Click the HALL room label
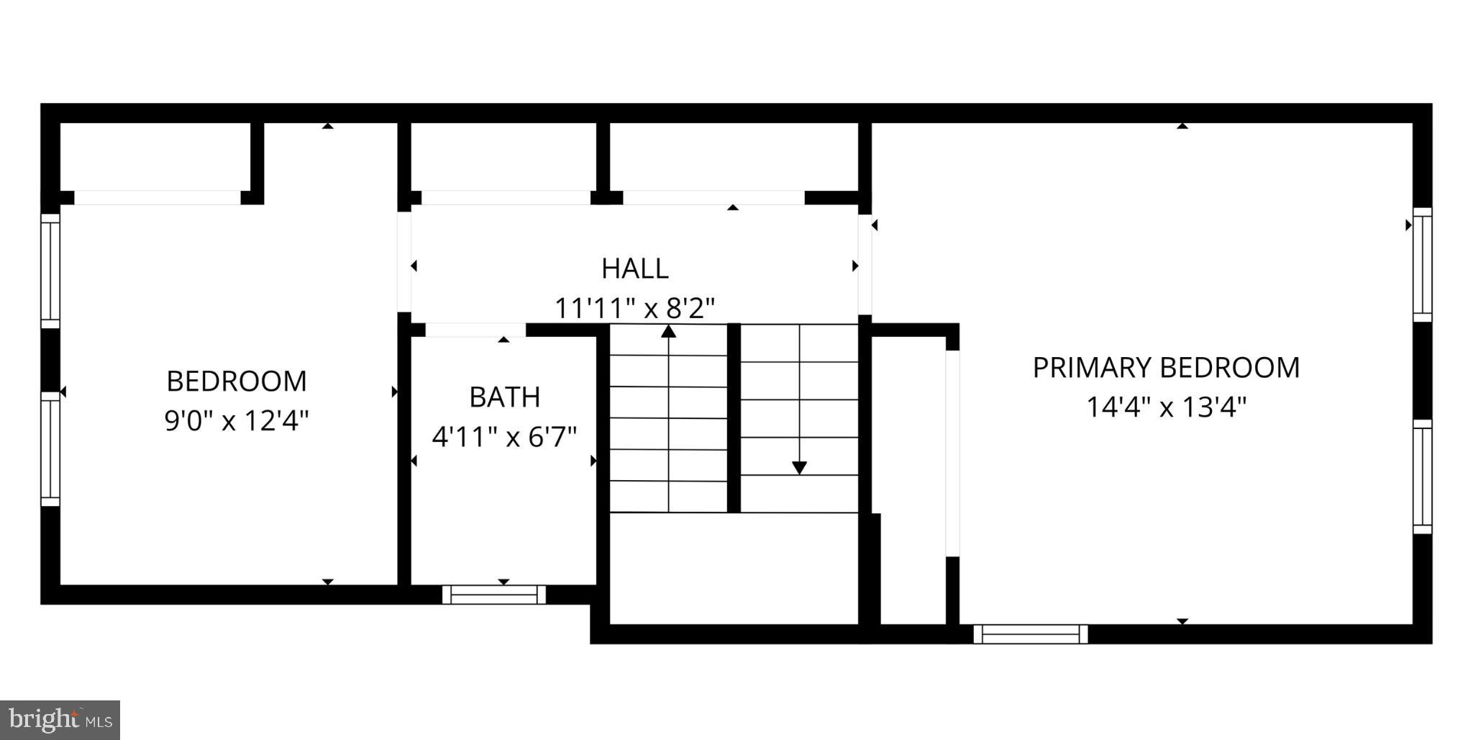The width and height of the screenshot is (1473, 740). click(635, 269)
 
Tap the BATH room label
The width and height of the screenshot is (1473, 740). click(504, 397)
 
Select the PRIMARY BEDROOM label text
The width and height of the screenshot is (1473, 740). click(1166, 368)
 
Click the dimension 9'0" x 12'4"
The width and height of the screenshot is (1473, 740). click(237, 420)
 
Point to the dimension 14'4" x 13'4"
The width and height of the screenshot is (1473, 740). click(1166, 407)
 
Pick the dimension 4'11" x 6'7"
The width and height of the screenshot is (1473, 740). click(504, 437)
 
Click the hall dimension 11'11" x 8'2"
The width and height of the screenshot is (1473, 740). click(635, 309)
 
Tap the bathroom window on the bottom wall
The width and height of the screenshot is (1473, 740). click(493, 595)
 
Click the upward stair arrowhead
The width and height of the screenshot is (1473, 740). click(669, 331)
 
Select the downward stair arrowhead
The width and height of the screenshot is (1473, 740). click(799, 468)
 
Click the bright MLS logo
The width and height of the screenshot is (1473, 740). click(60, 719)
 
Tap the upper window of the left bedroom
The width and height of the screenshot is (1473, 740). click(50, 271)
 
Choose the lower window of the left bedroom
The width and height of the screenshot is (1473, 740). click(50, 449)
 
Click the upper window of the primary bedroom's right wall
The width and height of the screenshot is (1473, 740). click(1422, 265)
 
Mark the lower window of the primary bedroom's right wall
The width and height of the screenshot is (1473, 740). click(1422, 477)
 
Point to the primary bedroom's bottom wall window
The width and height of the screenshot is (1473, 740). click(1030, 634)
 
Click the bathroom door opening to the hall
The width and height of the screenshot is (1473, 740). click(475, 330)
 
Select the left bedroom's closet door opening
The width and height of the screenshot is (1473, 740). click(158, 198)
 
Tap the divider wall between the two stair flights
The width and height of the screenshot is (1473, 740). click(734, 418)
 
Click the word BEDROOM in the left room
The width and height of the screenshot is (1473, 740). click(237, 382)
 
